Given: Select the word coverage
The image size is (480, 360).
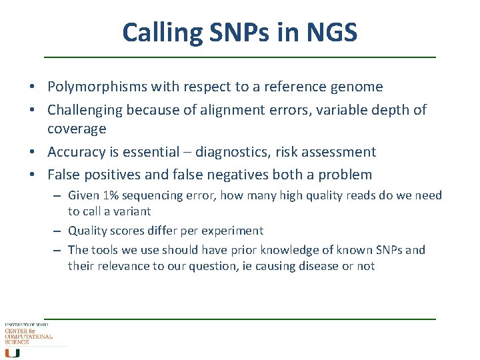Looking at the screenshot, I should click(77, 129).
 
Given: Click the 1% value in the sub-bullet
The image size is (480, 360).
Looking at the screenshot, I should click(110, 195).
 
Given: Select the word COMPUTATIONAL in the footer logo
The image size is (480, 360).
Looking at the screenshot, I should click(29, 336).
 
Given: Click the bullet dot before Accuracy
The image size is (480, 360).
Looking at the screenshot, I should click(41, 153).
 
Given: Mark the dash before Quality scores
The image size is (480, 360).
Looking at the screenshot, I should click(59, 231).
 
